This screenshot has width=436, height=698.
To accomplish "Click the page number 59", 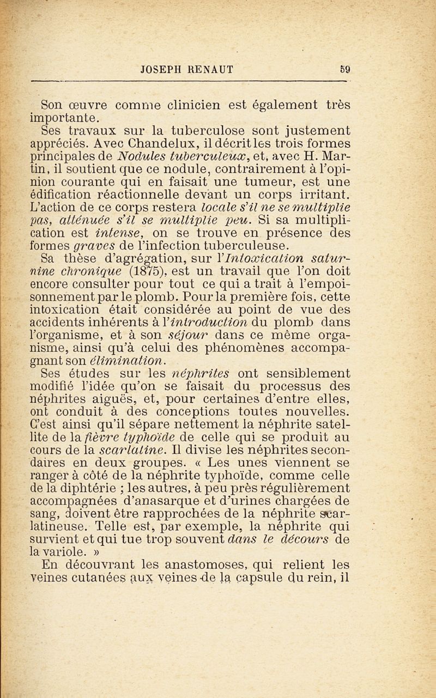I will pos(344,69).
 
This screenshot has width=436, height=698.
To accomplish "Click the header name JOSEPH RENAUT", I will pos(187,69).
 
